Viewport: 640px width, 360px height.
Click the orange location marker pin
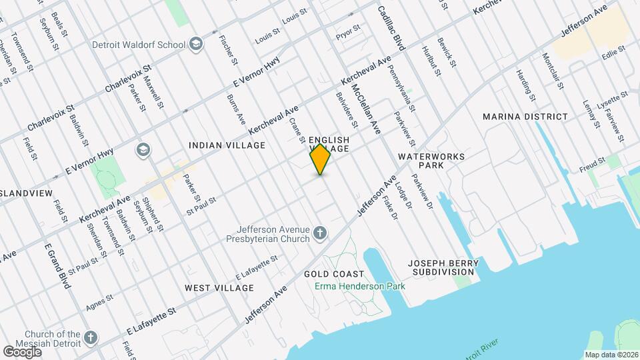pos(320,160)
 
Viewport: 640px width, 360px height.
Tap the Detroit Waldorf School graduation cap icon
pos(196,44)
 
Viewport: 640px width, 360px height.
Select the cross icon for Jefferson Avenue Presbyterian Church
pos(321,233)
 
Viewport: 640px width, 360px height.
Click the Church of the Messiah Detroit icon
pos(91,337)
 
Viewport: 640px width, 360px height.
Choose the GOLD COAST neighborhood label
pos(334,274)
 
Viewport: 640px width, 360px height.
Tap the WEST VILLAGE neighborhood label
pos(219,288)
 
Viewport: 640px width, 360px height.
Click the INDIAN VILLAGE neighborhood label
pos(227,145)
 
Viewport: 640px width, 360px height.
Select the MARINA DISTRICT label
pos(526,117)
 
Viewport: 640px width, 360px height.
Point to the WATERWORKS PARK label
pos(431,160)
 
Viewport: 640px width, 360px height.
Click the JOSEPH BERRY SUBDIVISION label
pos(443,267)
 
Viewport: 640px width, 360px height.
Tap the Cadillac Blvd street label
pos(391,29)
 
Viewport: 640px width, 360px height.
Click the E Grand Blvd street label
pos(57,266)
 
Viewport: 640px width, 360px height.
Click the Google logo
pos(23,351)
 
